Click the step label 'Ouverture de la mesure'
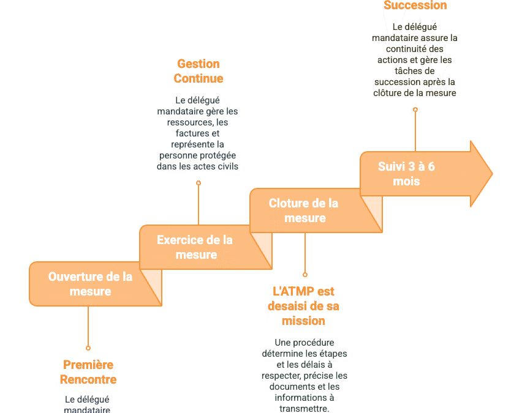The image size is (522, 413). click(x=90, y=284)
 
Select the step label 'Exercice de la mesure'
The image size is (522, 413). click(x=195, y=247)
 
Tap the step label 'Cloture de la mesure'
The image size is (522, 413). click(x=303, y=210)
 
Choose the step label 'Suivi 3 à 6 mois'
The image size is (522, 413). click(x=406, y=174)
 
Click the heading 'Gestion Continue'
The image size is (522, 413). click(x=198, y=71)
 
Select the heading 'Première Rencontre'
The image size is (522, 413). click(x=88, y=372)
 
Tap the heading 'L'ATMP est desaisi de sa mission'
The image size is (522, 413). click(x=303, y=306)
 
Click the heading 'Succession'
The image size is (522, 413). click(x=415, y=6)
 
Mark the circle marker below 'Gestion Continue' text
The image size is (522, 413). click(x=199, y=183)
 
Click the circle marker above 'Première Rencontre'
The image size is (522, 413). click(x=88, y=348)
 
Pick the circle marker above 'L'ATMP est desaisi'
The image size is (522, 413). click(x=305, y=275)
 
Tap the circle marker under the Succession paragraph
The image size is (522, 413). click(x=415, y=110)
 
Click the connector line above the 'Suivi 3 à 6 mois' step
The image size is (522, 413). click(x=415, y=132)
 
